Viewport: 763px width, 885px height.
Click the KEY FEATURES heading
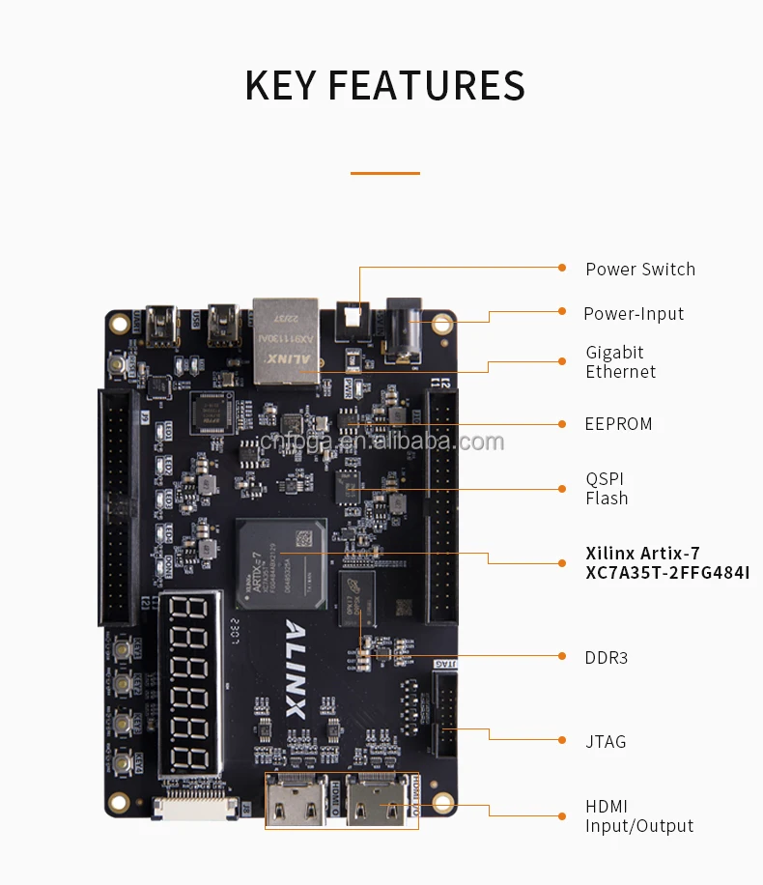click(x=384, y=85)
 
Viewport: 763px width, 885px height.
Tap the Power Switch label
click(x=639, y=270)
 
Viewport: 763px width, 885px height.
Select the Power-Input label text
click(x=633, y=314)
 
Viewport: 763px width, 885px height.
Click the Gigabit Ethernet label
click(x=620, y=362)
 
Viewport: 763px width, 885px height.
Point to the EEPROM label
click(x=618, y=424)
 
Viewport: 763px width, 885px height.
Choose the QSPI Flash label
click(x=607, y=489)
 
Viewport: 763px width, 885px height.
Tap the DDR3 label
click(x=606, y=658)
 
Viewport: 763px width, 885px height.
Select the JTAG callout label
click(x=606, y=742)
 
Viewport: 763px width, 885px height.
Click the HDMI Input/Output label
click(x=638, y=816)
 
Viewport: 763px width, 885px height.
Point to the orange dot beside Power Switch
click(x=562, y=268)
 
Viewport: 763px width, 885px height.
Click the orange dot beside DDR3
click(x=562, y=656)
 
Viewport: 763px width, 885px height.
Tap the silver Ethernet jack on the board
click(x=286, y=337)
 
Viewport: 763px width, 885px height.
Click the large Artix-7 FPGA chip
click(x=281, y=564)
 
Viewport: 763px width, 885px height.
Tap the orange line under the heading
click(x=384, y=173)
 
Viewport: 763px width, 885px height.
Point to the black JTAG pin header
click(x=446, y=714)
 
